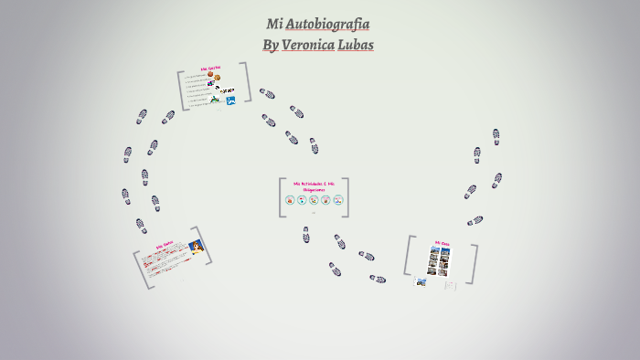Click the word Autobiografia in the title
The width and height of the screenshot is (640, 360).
click(x=327, y=25)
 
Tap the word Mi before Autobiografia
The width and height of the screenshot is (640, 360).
click(x=274, y=25)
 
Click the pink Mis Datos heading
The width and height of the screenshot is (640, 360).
click(x=165, y=245)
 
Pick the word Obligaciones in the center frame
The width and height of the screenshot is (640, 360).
click(x=315, y=190)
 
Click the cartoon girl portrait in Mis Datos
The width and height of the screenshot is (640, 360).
click(x=195, y=246)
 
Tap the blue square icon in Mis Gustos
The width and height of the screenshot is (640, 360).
click(x=231, y=100)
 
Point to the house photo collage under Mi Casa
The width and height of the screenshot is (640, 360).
click(x=441, y=262)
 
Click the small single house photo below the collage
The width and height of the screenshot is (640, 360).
click(x=421, y=281)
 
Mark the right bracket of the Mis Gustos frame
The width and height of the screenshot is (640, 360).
click(x=247, y=85)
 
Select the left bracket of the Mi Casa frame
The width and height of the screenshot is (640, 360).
click(x=409, y=257)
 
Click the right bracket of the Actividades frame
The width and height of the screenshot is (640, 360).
click(x=347, y=197)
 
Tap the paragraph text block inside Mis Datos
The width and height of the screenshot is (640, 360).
click(x=169, y=264)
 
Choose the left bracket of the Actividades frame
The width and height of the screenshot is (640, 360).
click(x=283, y=197)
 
